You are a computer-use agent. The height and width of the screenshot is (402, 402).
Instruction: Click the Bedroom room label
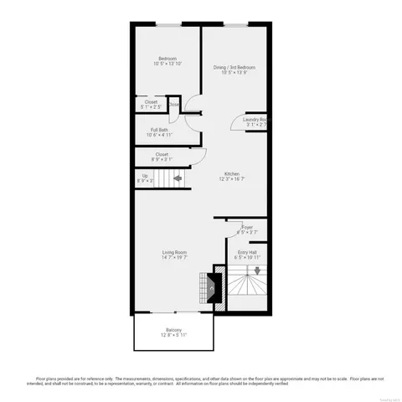[167, 58]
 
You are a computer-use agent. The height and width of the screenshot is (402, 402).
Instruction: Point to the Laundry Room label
[255, 119]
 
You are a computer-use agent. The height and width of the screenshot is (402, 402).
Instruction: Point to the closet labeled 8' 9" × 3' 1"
[162, 157]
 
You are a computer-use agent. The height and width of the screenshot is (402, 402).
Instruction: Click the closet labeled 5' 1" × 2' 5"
[151, 104]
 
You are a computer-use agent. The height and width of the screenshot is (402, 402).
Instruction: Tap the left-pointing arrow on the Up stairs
[178, 178]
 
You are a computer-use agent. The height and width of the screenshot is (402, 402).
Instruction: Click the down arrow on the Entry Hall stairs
[257, 270]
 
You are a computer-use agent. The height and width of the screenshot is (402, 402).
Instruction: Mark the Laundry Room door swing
[237, 122]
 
